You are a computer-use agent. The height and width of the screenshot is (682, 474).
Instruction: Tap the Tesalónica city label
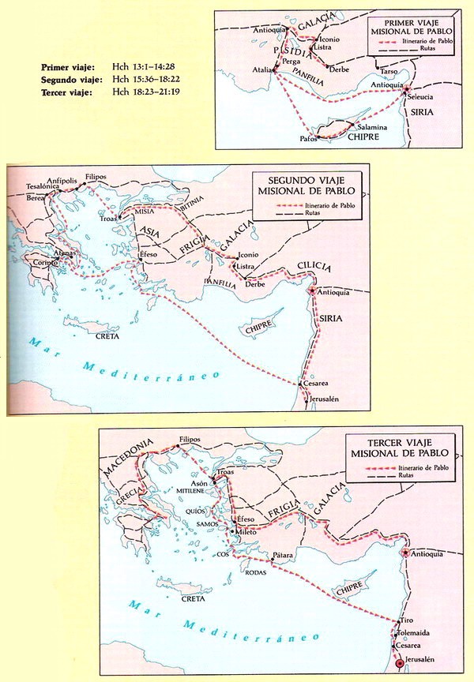(x=32, y=186)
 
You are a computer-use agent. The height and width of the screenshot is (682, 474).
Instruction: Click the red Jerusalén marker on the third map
(x=400, y=664)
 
